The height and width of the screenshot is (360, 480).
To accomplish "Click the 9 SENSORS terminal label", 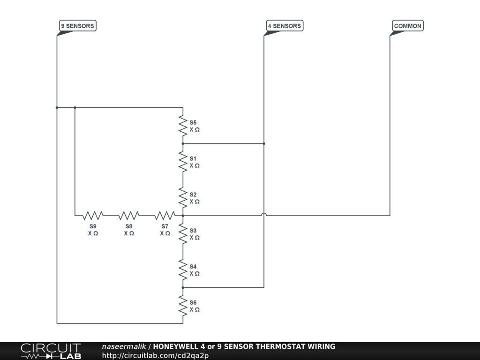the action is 77,26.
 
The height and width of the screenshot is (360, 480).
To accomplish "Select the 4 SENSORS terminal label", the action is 284,26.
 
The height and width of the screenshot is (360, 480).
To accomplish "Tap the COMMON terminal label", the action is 407,26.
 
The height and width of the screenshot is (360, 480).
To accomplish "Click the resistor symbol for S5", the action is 183,126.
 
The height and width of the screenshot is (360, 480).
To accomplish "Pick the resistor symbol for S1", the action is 183,162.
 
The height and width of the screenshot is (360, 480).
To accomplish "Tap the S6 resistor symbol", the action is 183,306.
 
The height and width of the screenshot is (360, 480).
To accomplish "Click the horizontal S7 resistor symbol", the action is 165,216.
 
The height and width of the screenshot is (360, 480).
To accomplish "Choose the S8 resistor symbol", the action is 129,216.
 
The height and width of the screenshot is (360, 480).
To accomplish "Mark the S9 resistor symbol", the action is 93,216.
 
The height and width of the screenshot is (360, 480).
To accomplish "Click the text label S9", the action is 93,226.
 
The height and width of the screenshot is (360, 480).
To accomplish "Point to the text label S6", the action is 193,302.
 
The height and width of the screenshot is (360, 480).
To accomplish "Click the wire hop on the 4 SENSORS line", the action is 264,215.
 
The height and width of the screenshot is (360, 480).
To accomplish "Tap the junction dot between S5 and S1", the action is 183,143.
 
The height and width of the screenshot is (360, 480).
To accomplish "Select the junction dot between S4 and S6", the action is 183,287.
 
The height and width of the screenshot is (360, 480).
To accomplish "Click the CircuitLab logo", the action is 51,351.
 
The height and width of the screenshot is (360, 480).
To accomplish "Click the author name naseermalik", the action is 124,347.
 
